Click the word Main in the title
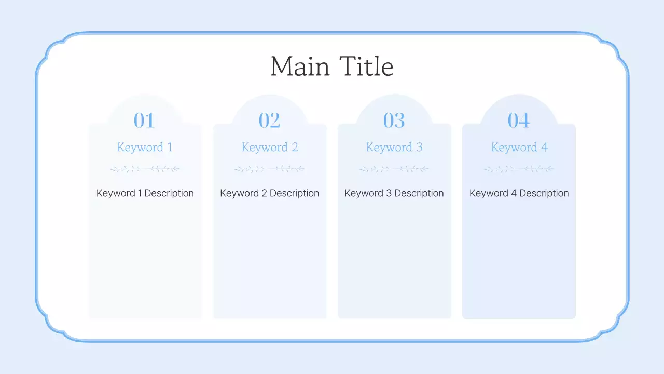tap(300, 67)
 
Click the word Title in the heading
tap(366, 67)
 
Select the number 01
tap(144, 121)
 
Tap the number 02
tap(269, 121)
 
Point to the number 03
tap(394, 121)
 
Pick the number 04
tap(519, 121)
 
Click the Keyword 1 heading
tap(145, 148)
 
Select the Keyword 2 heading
tap(270, 148)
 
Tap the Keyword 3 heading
tap(394, 148)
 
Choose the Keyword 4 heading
tap(519, 148)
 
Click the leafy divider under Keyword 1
tap(145, 169)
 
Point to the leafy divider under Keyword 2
tap(270, 169)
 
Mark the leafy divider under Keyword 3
tap(394, 169)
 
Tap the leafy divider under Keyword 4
tap(519, 169)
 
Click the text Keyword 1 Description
tap(145, 193)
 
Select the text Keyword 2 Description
tap(270, 193)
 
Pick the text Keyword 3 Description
tap(394, 193)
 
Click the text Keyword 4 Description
tap(519, 193)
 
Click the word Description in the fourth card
tap(544, 193)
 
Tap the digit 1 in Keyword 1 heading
tap(170, 148)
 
